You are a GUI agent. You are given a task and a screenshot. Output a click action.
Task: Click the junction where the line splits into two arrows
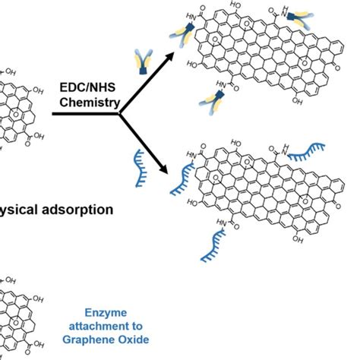click(x=120, y=114)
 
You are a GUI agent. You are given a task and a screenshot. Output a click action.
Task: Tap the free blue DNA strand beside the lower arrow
click(x=139, y=167)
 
